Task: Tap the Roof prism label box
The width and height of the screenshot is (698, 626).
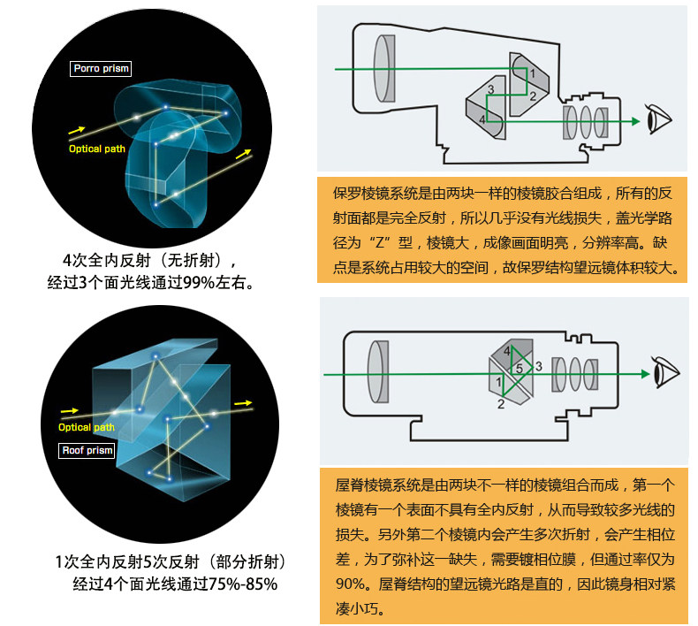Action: pyautogui.click(x=87, y=451)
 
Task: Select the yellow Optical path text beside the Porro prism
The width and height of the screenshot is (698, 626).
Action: pyautogui.click(x=97, y=149)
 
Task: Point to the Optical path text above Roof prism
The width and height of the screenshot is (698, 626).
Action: pyautogui.click(x=87, y=428)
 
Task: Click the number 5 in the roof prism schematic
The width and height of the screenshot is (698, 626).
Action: pyautogui.click(x=520, y=367)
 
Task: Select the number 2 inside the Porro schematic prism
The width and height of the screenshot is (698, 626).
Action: pyautogui.click(x=532, y=95)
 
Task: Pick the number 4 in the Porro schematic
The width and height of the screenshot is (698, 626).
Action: pyautogui.click(x=482, y=118)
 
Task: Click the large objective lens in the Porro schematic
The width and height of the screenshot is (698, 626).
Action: pyautogui.click(x=383, y=64)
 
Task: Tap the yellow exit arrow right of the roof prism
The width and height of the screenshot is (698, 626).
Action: pyautogui.click(x=242, y=403)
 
